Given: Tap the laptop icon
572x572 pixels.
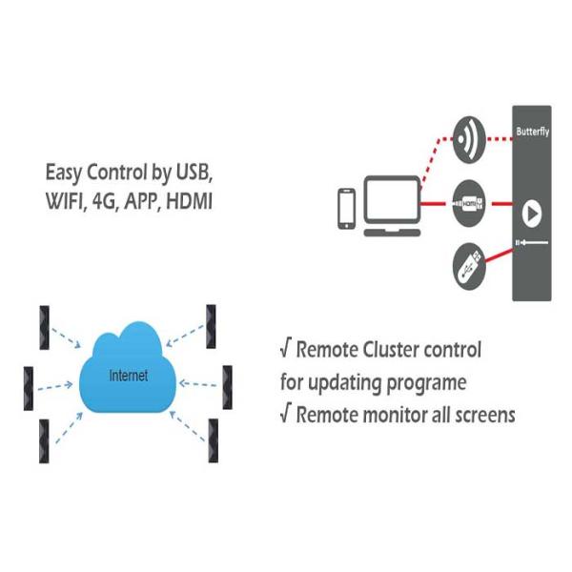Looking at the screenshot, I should coord(391,206).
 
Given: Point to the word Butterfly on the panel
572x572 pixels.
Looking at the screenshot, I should coord(532,131).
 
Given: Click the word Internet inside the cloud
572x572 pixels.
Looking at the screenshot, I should coord(129,376).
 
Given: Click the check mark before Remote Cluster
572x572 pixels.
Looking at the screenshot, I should coord(285,350).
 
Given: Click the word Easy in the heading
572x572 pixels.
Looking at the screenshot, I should coord(64,174).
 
